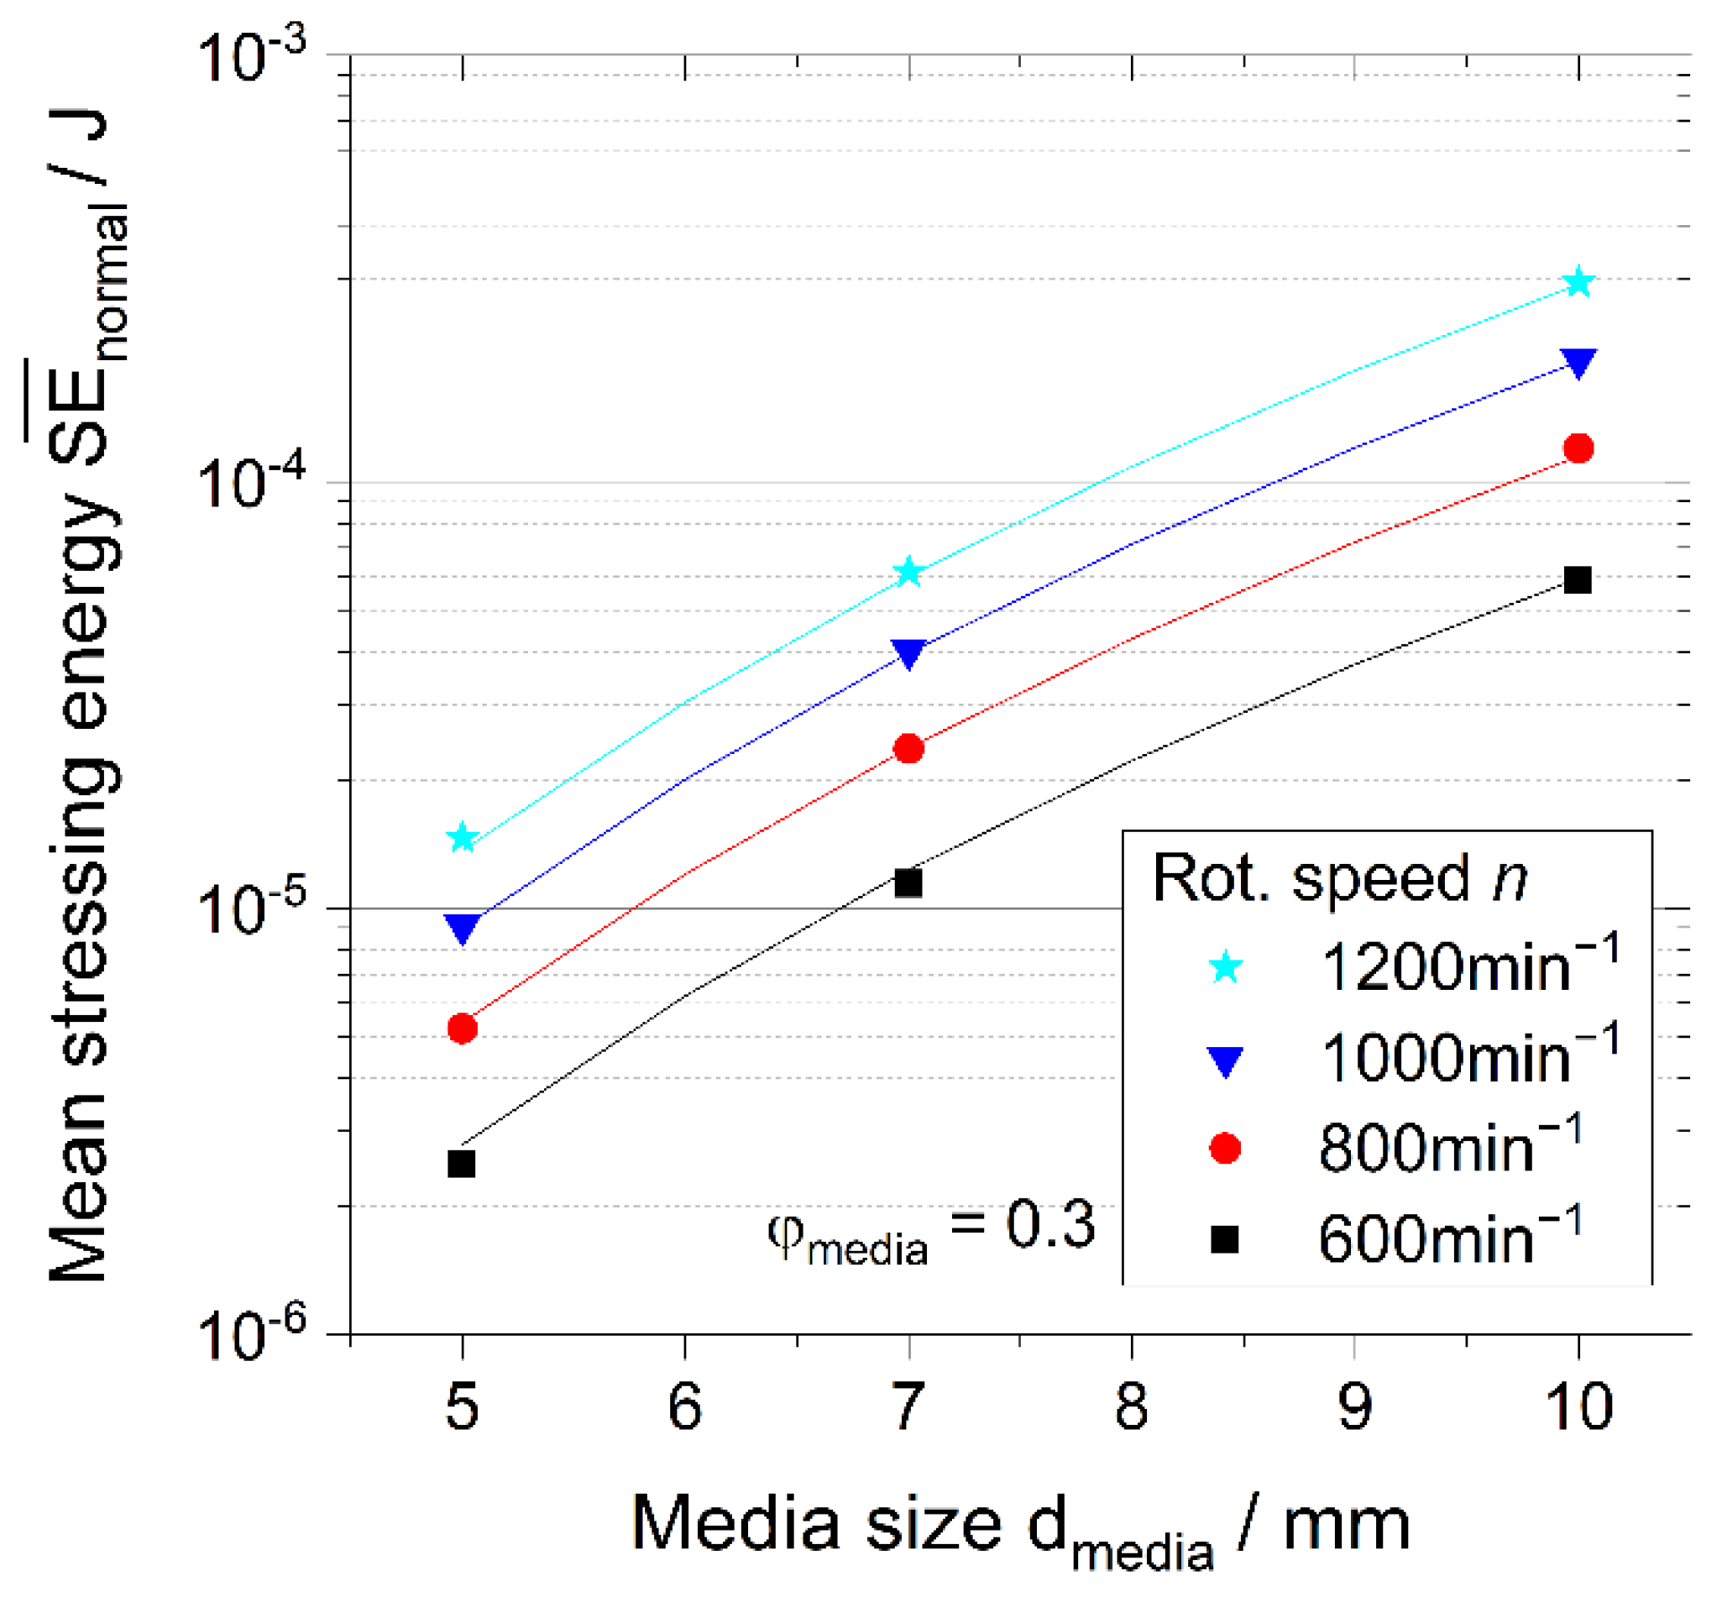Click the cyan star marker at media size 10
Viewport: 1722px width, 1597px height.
(x=1578, y=283)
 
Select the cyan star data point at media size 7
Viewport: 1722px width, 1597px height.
(x=908, y=572)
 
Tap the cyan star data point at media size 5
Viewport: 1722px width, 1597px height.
(x=463, y=837)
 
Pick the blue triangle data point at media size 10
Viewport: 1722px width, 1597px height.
(x=1578, y=362)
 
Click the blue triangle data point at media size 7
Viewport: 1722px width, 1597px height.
(x=908, y=653)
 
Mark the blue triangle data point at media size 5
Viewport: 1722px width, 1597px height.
(x=463, y=928)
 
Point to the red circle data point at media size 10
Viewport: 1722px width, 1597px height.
(x=1578, y=448)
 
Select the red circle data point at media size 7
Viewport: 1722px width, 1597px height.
(x=908, y=748)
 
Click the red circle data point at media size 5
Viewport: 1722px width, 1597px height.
(x=463, y=1029)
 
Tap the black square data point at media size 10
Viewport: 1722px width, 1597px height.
(x=1578, y=580)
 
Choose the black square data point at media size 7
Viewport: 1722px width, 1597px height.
(x=908, y=883)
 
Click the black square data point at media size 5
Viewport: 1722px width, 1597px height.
(x=463, y=1164)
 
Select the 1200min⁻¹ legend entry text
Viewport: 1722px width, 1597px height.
(x=1468, y=966)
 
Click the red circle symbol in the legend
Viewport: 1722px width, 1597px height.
(x=1224, y=1149)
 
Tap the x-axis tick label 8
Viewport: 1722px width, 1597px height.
(x=1131, y=1407)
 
